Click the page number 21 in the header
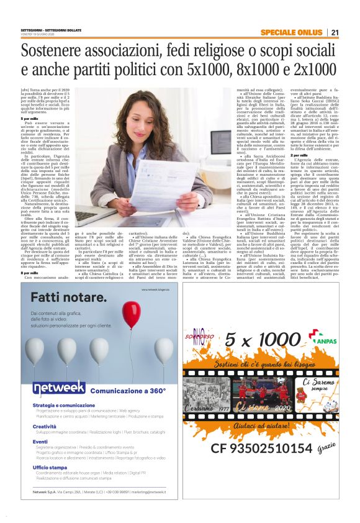click(335, 32)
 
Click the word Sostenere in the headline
click(56, 51)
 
